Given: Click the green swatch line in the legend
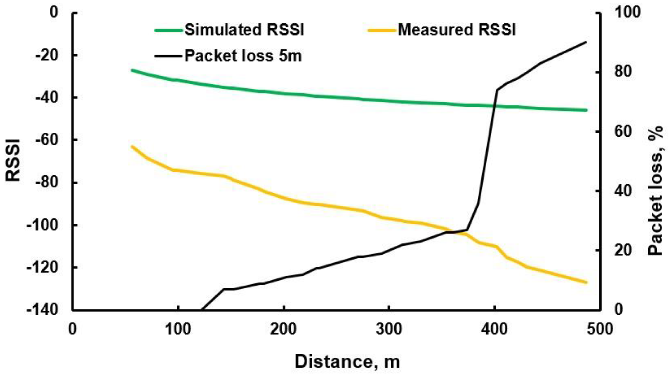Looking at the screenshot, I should click(169, 30).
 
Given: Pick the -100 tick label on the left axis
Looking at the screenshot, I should click(42, 225).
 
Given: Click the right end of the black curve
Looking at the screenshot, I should click(586, 42).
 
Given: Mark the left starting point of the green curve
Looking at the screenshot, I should click(132, 70).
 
